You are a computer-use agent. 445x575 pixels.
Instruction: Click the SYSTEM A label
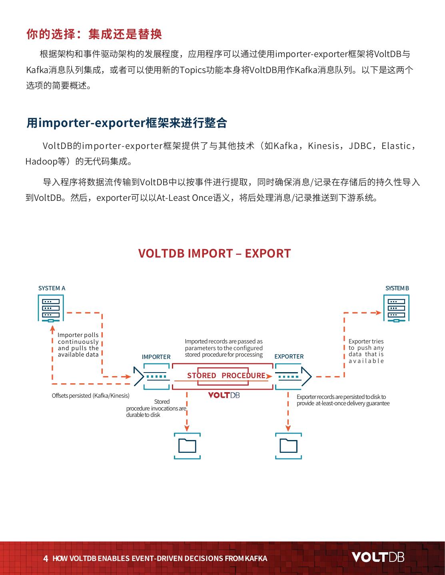[52, 288]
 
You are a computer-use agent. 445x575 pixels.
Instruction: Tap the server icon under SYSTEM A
[51, 308]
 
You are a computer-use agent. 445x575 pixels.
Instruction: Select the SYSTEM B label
[397, 288]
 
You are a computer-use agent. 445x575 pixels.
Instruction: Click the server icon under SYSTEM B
[396, 308]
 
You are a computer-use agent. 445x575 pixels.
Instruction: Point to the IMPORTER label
[156, 357]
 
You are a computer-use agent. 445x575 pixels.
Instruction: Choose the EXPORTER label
[289, 356]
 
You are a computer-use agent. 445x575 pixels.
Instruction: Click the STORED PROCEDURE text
[226, 375]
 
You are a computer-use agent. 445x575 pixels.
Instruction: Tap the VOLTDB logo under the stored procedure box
[224, 395]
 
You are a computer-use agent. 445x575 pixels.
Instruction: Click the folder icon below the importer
[187, 446]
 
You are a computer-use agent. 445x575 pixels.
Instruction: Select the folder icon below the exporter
[288, 446]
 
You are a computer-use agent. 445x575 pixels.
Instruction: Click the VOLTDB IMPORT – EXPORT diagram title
[214, 253]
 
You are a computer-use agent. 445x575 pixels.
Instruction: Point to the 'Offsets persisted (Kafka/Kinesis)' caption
[90, 396]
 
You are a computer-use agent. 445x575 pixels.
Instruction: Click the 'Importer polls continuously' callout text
[78, 345]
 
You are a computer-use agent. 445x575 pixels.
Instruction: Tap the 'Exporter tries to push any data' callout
[366, 351]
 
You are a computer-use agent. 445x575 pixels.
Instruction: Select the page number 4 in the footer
[46, 558]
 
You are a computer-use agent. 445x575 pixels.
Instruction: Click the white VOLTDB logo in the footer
[378, 557]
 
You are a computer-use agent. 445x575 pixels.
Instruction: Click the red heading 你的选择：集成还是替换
[94, 34]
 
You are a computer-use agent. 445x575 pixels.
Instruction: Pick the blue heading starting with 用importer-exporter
[127, 123]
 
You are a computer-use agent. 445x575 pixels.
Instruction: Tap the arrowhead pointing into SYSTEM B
[379, 312]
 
